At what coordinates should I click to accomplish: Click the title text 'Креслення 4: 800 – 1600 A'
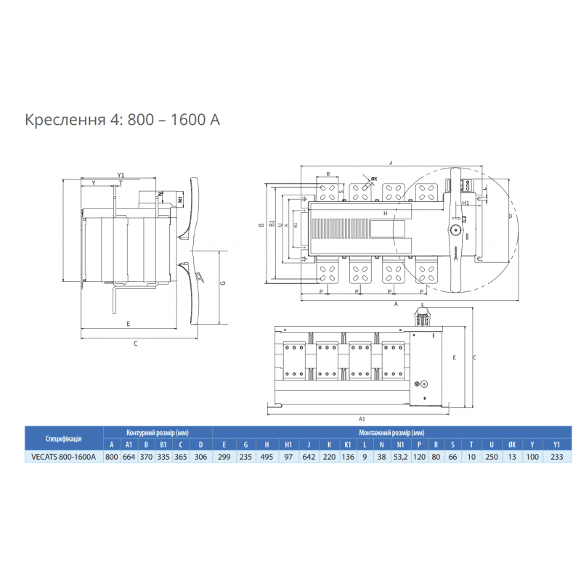tap(122, 119)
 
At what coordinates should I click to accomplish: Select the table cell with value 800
tap(111, 457)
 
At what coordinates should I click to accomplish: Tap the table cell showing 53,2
tap(401, 457)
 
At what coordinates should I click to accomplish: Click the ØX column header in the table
tap(512, 444)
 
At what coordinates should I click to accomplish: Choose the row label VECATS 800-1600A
tap(63, 457)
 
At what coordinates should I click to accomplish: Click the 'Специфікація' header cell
tap(63, 439)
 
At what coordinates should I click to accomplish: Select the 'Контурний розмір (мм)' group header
tap(156, 432)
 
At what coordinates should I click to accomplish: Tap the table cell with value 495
tap(267, 457)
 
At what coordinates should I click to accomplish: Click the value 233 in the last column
tap(557, 457)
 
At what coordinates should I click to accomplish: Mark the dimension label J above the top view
tap(391, 163)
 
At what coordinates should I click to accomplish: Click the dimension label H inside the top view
tap(385, 212)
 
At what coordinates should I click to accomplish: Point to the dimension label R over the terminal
tap(328, 174)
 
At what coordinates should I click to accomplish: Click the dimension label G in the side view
tap(223, 283)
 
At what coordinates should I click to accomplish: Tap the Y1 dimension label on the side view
tap(121, 175)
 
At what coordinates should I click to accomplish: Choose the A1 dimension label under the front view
tap(362, 419)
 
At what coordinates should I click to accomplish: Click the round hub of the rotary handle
tap(455, 230)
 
